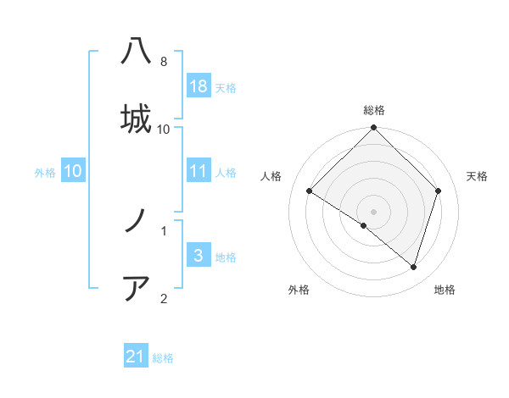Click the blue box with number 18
(x=199, y=86)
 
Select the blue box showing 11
(x=199, y=171)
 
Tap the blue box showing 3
(x=199, y=255)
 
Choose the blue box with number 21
(x=136, y=357)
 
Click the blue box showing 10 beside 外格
(x=72, y=171)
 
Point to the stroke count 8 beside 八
(x=164, y=62)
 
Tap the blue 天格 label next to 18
(x=226, y=87)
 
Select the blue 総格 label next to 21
(x=163, y=358)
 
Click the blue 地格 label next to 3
(x=226, y=257)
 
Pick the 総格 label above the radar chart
(x=374, y=110)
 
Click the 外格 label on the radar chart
(x=299, y=290)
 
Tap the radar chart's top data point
(x=374, y=128)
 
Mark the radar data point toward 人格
(x=310, y=191)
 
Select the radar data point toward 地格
(x=413, y=267)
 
